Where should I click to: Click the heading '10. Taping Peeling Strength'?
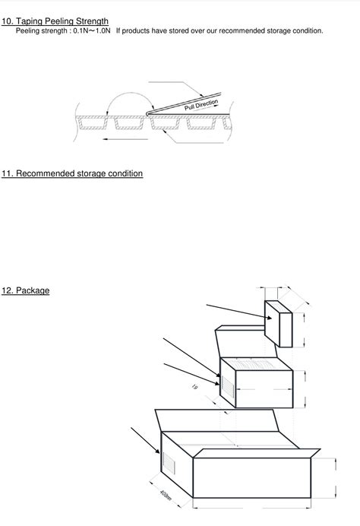[55, 21]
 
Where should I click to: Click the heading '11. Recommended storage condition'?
[72, 173]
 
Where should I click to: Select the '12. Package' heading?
[25, 290]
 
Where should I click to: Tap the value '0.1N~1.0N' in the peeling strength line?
[92, 31]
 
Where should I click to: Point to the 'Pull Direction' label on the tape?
[201, 105]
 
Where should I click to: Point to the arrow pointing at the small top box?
[235, 310]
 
